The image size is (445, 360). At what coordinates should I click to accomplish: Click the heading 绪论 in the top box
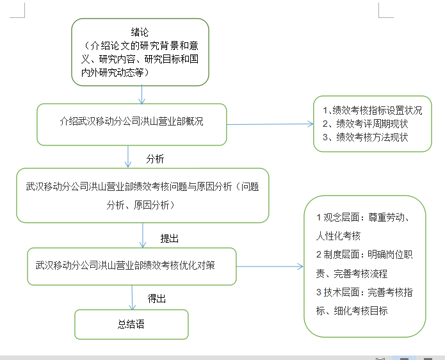pyautogui.click(x=140, y=33)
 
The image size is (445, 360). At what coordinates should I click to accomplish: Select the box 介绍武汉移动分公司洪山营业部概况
pyautogui.click(x=131, y=121)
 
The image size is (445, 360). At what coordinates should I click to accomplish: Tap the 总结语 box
pyautogui.click(x=131, y=324)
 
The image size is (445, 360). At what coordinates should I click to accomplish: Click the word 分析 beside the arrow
pyautogui.click(x=156, y=159)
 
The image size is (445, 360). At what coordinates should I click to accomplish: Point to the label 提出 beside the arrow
pyautogui.click(x=169, y=238)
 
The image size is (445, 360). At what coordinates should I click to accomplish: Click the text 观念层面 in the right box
pyautogui.click(x=344, y=217)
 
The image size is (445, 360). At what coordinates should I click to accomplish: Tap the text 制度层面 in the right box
pyautogui.click(x=344, y=254)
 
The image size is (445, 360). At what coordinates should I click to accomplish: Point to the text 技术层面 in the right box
pyautogui.click(x=344, y=292)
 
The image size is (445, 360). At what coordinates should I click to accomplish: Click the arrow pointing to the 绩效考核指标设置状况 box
pyautogui.click(x=269, y=124)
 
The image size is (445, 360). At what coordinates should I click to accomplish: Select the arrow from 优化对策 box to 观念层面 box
pyautogui.click(x=269, y=265)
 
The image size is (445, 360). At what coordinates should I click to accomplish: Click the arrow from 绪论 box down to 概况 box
pyautogui.click(x=142, y=94)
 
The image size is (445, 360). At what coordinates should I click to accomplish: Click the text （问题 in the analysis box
pyautogui.click(x=247, y=187)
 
